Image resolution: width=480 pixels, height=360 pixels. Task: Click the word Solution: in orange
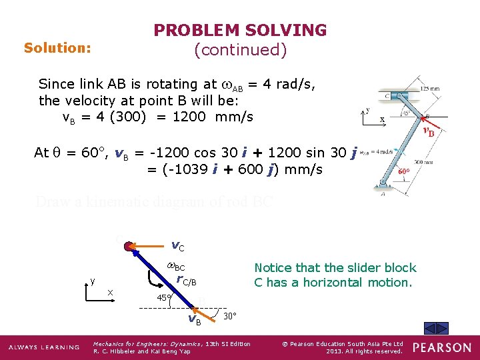pyautogui.click(x=57, y=48)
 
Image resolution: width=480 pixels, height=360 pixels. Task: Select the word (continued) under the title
pyautogui.click(x=240, y=50)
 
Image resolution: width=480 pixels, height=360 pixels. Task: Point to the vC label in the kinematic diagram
pyautogui.click(x=178, y=246)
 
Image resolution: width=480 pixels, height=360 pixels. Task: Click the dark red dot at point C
pyautogui.click(x=129, y=246)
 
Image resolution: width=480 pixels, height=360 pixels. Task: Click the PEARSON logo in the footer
pyautogui.click(x=441, y=347)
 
